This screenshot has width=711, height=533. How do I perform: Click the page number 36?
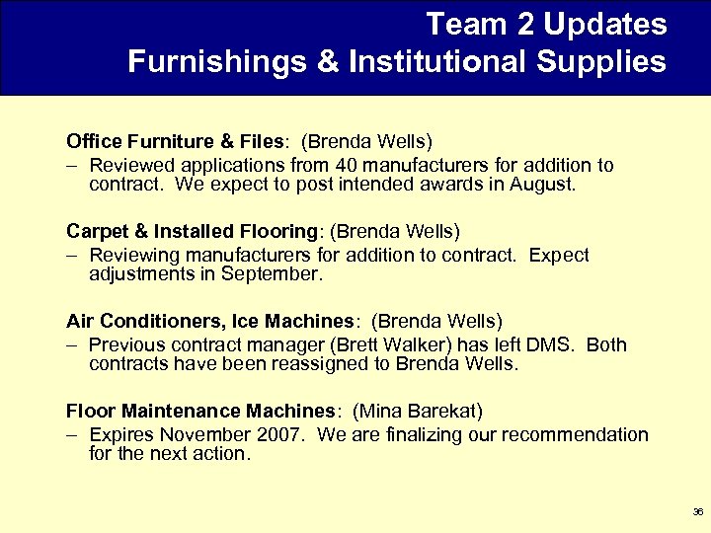coord(698,512)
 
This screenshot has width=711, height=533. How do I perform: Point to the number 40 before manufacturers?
coord(347,166)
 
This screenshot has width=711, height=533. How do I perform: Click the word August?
coord(540,185)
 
